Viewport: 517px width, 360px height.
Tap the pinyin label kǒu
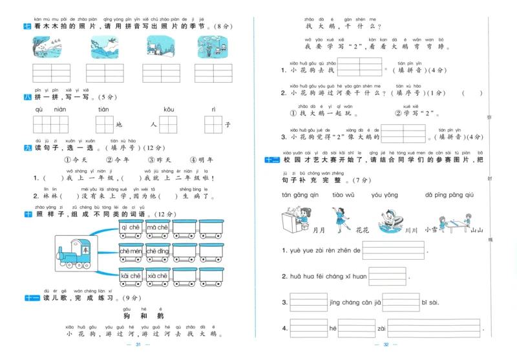(x=169, y=109)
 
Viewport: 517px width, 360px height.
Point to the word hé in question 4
(x=333, y=328)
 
